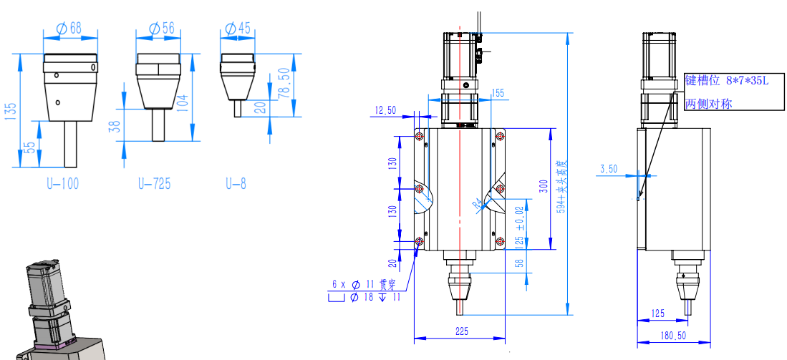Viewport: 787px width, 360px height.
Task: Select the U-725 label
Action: [x=154, y=184]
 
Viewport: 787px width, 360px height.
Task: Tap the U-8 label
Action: [x=236, y=184]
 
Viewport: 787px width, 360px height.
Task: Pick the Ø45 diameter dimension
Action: [x=238, y=29]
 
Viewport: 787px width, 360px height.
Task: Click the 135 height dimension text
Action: [x=11, y=113]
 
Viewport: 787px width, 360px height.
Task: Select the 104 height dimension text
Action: [x=183, y=105]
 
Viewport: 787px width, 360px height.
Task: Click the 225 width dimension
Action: [x=460, y=331]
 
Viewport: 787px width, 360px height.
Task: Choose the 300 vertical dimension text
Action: [x=544, y=186]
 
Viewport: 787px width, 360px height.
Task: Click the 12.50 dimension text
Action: [x=386, y=110]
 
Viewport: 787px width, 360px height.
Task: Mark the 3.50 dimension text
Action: [x=609, y=169]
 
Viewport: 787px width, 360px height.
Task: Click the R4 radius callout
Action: [x=478, y=205]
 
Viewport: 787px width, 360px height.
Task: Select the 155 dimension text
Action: [x=497, y=93]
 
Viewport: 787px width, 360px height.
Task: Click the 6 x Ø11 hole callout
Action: [x=358, y=284]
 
